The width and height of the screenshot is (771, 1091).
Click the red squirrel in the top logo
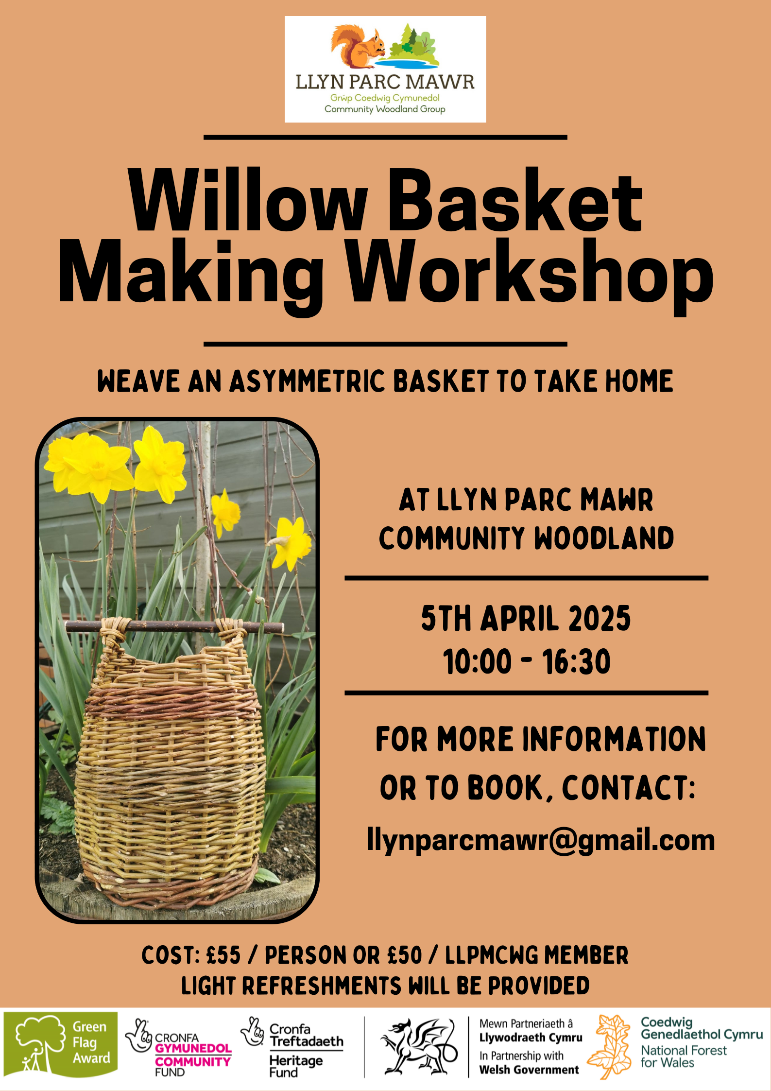coord(358,47)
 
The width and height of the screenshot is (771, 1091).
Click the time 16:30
coord(576,661)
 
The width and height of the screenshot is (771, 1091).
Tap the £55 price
coord(223,955)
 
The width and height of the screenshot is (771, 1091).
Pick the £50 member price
coord(405,955)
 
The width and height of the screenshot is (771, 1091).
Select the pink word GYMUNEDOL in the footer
coord(193,1048)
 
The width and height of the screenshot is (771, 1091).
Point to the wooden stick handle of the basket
coord(174,626)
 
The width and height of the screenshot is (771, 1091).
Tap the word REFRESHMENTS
coord(322,986)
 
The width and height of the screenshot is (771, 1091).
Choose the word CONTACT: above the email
coord(629,788)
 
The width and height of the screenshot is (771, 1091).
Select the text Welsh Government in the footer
coord(529,1070)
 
